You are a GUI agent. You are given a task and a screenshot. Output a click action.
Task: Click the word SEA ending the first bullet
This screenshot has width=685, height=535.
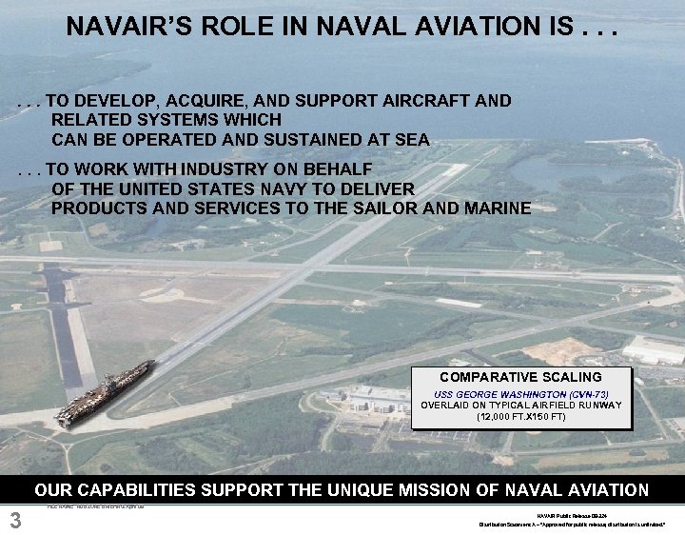tap(411, 140)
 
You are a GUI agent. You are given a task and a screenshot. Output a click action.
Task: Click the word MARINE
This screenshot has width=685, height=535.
tap(493, 208)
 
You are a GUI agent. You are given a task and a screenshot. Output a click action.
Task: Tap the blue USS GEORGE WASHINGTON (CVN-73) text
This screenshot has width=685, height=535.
tap(521, 393)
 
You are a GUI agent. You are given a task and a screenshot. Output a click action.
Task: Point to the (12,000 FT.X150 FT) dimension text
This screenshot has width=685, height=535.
tap(521, 416)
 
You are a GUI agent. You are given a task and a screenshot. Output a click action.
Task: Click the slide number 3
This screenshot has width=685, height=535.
tap(14, 520)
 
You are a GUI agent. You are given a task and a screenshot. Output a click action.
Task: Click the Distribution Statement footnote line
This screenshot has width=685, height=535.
tap(572, 524)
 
